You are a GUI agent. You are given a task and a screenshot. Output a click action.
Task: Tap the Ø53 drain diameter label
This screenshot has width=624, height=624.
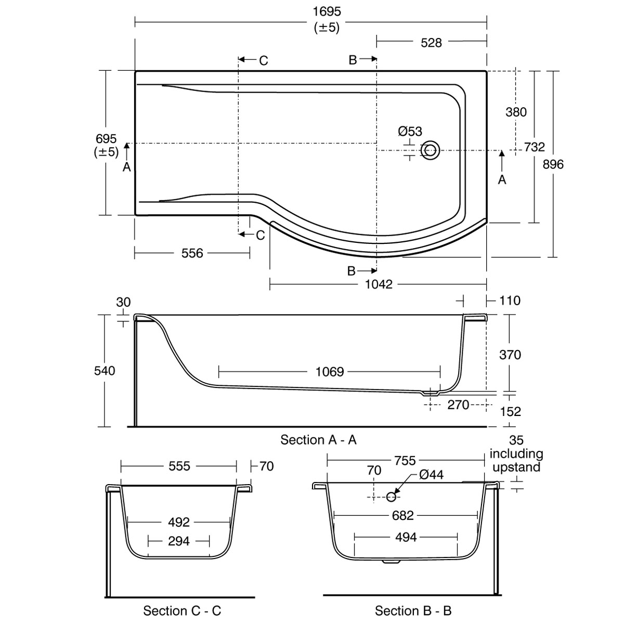[410, 132]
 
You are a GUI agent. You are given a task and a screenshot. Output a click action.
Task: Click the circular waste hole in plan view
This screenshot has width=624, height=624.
[430, 150]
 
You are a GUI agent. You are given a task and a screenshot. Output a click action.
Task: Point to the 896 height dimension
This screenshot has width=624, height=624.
[553, 164]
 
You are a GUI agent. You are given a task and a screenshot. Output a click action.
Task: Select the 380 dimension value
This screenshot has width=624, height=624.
[516, 112]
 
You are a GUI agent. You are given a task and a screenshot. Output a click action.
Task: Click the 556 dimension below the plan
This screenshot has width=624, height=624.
[192, 253]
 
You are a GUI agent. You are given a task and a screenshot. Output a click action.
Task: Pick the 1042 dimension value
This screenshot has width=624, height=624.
[379, 284]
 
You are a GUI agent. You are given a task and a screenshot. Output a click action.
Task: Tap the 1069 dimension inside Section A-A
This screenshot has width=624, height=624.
[330, 372]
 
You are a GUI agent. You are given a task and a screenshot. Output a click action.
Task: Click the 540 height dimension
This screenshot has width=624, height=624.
[105, 371]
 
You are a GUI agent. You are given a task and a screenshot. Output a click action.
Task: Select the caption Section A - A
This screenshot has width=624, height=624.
[318, 440]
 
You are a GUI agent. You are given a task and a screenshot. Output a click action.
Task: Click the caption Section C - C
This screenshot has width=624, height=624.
[182, 610]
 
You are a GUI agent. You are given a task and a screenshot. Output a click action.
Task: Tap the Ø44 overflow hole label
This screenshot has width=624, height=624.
[431, 476]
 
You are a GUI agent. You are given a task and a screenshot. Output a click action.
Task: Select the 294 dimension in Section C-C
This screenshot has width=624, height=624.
[179, 541]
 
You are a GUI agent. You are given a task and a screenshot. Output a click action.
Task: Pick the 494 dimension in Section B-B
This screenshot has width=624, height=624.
[406, 537]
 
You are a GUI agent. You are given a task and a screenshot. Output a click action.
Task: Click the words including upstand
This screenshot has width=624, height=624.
[516, 460]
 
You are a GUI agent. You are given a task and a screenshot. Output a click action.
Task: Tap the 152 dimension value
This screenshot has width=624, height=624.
[510, 411]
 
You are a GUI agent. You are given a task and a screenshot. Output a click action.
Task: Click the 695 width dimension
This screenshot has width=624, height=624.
[106, 139]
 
